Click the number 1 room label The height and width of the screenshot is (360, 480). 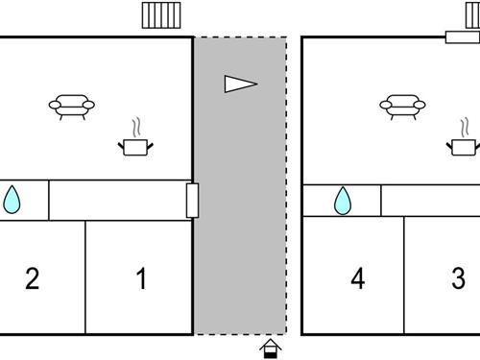click(141, 279)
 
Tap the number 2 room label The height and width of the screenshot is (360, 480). click(32, 279)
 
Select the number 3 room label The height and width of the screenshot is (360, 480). click(458, 279)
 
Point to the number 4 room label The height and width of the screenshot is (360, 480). click(358, 279)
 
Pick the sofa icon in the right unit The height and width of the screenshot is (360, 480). click(402, 106)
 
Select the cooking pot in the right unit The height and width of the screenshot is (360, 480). click(464, 145)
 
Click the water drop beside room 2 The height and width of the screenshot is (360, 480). click(12, 200)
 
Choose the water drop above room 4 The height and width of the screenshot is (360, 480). click(342, 201)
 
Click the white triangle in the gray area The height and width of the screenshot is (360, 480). click(240, 84)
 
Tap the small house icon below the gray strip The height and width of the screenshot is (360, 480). click(272, 348)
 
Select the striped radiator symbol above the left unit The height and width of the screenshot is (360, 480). click(160, 15)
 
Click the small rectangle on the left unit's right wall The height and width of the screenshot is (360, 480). click(192, 201)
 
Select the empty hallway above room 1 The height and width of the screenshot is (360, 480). click(115, 200)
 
